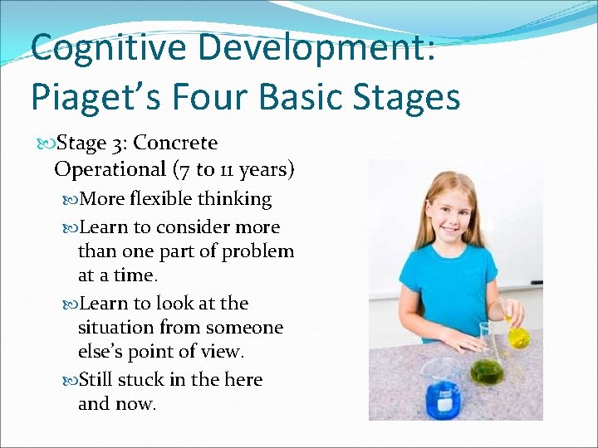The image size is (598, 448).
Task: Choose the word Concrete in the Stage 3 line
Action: point(175,144)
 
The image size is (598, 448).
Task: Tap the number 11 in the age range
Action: point(223,170)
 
